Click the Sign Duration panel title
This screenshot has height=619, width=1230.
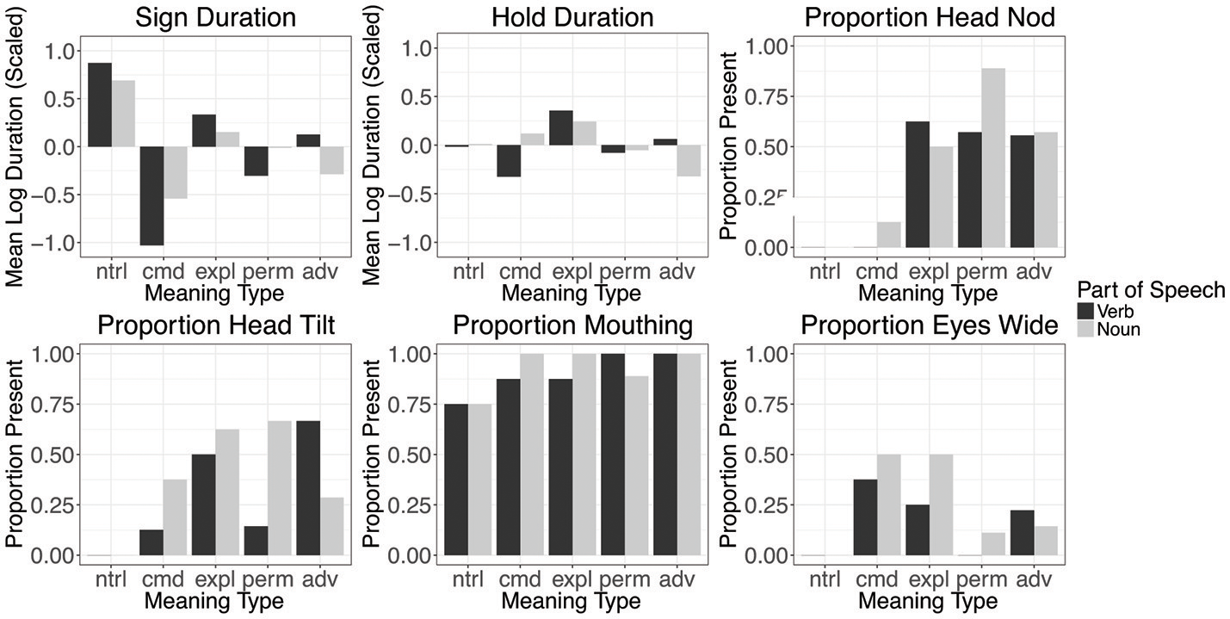click(x=215, y=17)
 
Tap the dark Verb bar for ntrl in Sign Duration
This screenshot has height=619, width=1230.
click(x=100, y=104)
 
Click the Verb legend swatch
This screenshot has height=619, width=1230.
click(x=1086, y=311)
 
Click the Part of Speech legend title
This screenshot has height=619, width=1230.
click(x=1150, y=290)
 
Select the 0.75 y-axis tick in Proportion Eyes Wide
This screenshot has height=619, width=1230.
click(x=766, y=404)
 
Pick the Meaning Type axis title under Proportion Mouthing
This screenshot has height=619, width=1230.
click(x=571, y=600)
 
